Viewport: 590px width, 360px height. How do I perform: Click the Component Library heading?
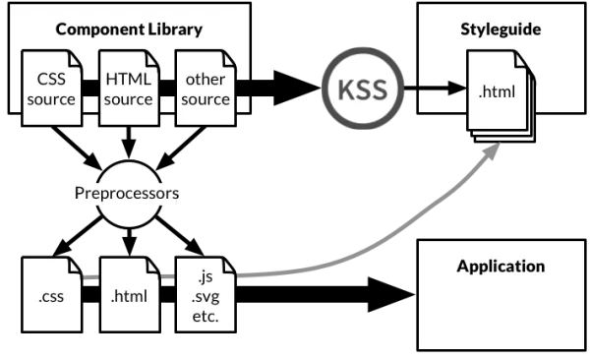click(129, 29)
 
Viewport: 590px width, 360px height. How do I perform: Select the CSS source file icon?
click(50, 90)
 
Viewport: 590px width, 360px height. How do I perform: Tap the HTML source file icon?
click(128, 90)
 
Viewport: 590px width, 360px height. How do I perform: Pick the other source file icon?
click(206, 90)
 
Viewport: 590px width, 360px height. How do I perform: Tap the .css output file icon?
click(50, 293)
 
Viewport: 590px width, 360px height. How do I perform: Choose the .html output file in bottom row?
click(128, 293)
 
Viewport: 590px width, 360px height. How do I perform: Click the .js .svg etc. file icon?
click(206, 293)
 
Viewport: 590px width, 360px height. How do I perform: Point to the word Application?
click(501, 266)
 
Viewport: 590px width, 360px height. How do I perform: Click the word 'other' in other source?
click(206, 81)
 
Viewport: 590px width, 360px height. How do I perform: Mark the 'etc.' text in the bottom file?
click(204, 317)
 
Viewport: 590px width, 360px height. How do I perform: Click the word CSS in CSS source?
click(50, 81)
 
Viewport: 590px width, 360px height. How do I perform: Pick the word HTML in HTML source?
click(128, 81)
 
